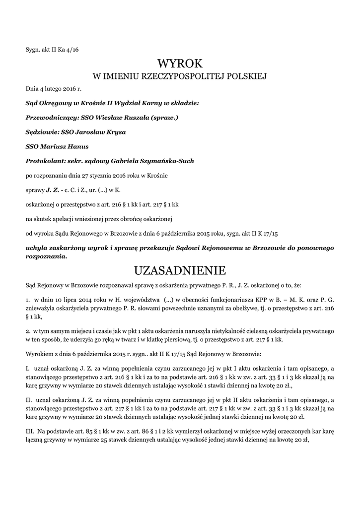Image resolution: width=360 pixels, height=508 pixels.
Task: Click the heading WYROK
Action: tap(180, 63)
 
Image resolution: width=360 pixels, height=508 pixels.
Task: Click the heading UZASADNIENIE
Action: tap(180, 270)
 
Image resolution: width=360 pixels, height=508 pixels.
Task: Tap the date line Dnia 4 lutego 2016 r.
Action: tap(53, 88)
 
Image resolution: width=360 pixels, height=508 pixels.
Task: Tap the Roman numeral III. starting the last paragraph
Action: tap(29, 432)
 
